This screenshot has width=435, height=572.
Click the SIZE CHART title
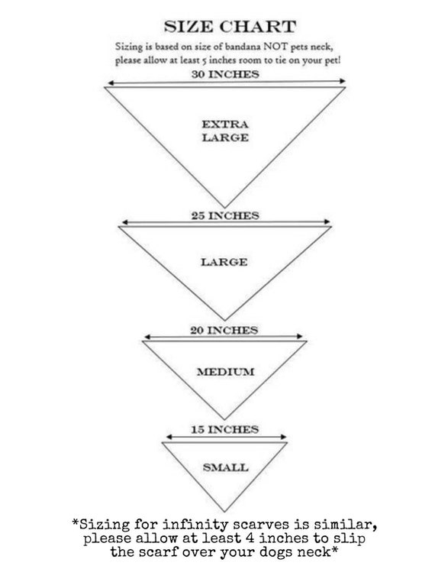pyautogui.click(x=230, y=27)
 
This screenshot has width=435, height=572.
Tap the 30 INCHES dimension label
pyautogui.click(x=225, y=74)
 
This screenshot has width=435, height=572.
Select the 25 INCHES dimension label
pyautogui.click(x=225, y=215)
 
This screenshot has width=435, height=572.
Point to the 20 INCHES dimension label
pyautogui.click(x=224, y=331)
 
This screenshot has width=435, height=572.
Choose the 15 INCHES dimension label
pyautogui.click(x=225, y=429)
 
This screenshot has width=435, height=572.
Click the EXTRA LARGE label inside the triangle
pyautogui.click(x=225, y=131)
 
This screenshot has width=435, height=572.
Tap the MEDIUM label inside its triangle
pyautogui.click(x=226, y=372)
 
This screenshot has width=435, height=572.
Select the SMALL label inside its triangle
pyautogui.click(x=226, y=467)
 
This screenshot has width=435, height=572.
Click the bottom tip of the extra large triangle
pyautogui.click(x=224, y=208)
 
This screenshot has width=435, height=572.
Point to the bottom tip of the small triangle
pyautogui.click(x=224, y=512)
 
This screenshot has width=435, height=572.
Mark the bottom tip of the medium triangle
pyautogui.click(x=224, y=419)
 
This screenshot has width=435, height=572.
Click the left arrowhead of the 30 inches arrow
pyautogui.click(x=110, y=83)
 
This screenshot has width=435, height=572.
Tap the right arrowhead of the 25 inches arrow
pyautogui.click(x=328, y=221)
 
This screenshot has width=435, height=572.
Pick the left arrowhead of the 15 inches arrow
pyautogui.click(x=169, y=437)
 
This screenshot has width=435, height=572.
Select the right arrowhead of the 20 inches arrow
pyautogui.click(x=300, y=336)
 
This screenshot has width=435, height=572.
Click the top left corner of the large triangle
pyautogui.click(x=118, y=227)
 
